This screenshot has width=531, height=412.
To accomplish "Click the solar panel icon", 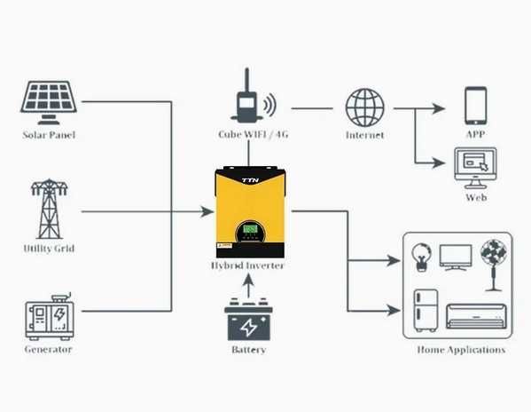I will point(49,101).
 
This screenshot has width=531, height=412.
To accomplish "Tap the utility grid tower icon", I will point(48,210).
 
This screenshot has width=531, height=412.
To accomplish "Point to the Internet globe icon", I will point(364,107).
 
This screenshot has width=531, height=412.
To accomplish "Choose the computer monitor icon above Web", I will point(475,168).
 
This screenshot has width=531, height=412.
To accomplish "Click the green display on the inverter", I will point(252,229).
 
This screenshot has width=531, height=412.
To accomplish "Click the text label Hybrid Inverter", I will point(249,265).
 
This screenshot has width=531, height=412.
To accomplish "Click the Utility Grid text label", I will point(49,249).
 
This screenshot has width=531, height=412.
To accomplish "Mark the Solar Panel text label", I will point(49,135).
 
